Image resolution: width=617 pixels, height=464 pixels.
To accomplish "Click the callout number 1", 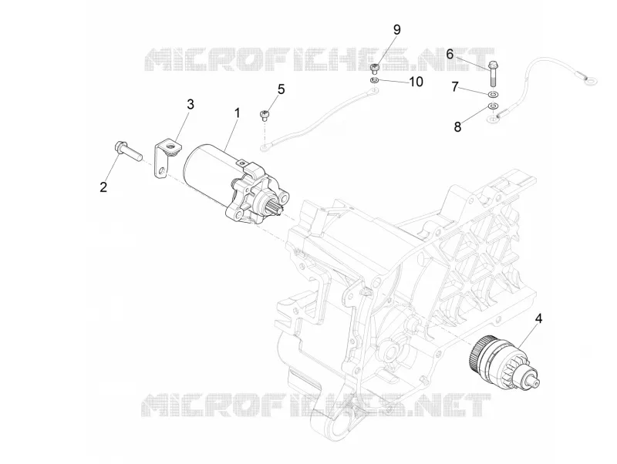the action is click(x=237, y=113).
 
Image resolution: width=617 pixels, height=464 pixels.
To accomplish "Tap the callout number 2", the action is click(x=103, y=187).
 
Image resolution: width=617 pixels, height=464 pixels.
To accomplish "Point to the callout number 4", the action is click(x=538, y=318).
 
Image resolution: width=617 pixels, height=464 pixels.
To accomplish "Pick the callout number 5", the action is click(x=281, y=89).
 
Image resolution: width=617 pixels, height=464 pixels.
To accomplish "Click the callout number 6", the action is click(x=450, y=54).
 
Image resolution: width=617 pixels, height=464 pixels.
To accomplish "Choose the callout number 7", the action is click(x=455, y=86).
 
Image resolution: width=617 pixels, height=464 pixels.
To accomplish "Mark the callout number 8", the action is click(x=457, y=126).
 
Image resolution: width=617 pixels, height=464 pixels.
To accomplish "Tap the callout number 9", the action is click(x=396, y=29).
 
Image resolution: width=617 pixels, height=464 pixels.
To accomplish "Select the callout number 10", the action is click(x=416, y=82).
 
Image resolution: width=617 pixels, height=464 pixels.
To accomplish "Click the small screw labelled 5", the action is click(x=265, y=116).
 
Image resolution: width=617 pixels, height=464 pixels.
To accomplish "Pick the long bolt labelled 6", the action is click(x=493, y=74).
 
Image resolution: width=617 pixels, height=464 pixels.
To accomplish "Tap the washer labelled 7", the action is click(x=493, y=95).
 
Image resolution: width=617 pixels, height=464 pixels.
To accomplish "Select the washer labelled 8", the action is click(x=493, y=106).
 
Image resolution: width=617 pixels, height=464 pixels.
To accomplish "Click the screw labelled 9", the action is click(x=374, y=69).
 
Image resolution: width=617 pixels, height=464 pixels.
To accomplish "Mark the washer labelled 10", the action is click(x=374, y=81).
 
